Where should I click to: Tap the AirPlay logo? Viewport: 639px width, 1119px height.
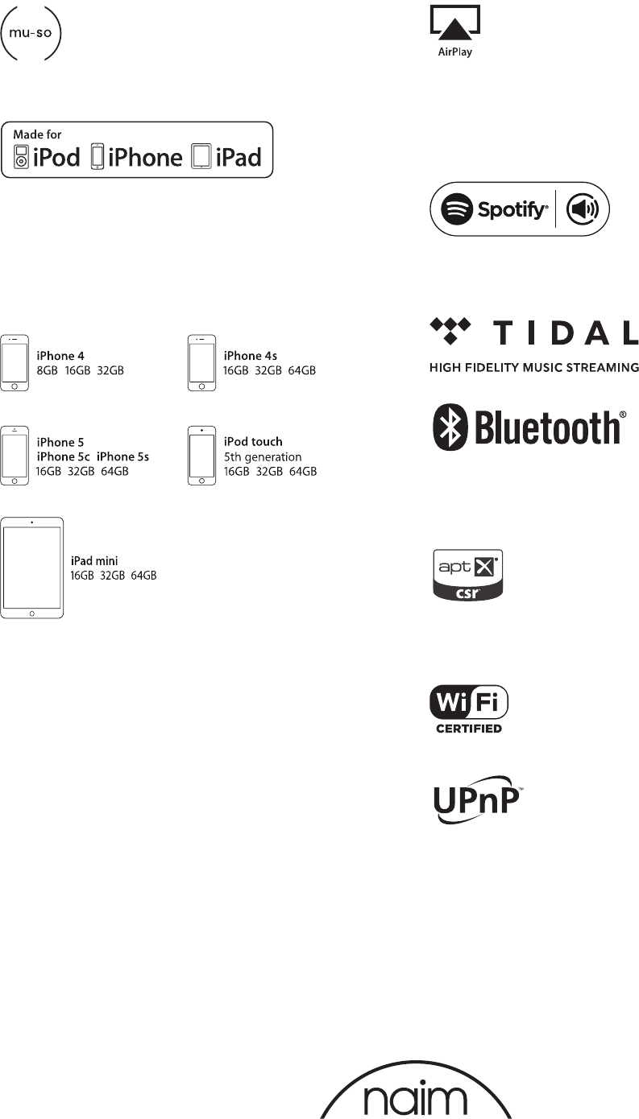[x=455, y=31]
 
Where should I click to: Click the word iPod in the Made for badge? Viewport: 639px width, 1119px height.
[x=56, y=156]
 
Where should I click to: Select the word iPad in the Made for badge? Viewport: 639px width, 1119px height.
[x=239, y=156]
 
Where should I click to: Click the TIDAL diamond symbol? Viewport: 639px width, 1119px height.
[x=449, y=329]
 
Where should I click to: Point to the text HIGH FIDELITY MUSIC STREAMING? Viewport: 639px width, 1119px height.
[x=533, y=368]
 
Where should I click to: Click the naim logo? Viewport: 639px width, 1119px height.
[x=416, y=1096]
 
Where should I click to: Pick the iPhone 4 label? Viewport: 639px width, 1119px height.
[x=60, y=355]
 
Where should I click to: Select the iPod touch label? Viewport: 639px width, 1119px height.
[x=252, y=442]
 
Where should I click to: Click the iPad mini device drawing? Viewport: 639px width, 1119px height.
[x=32, y=568]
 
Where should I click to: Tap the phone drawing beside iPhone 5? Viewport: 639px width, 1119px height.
[x=15, y=456]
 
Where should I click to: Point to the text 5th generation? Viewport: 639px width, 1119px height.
[x=263, y=456]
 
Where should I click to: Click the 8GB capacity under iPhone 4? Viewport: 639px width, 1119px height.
[x=48, y=370]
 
